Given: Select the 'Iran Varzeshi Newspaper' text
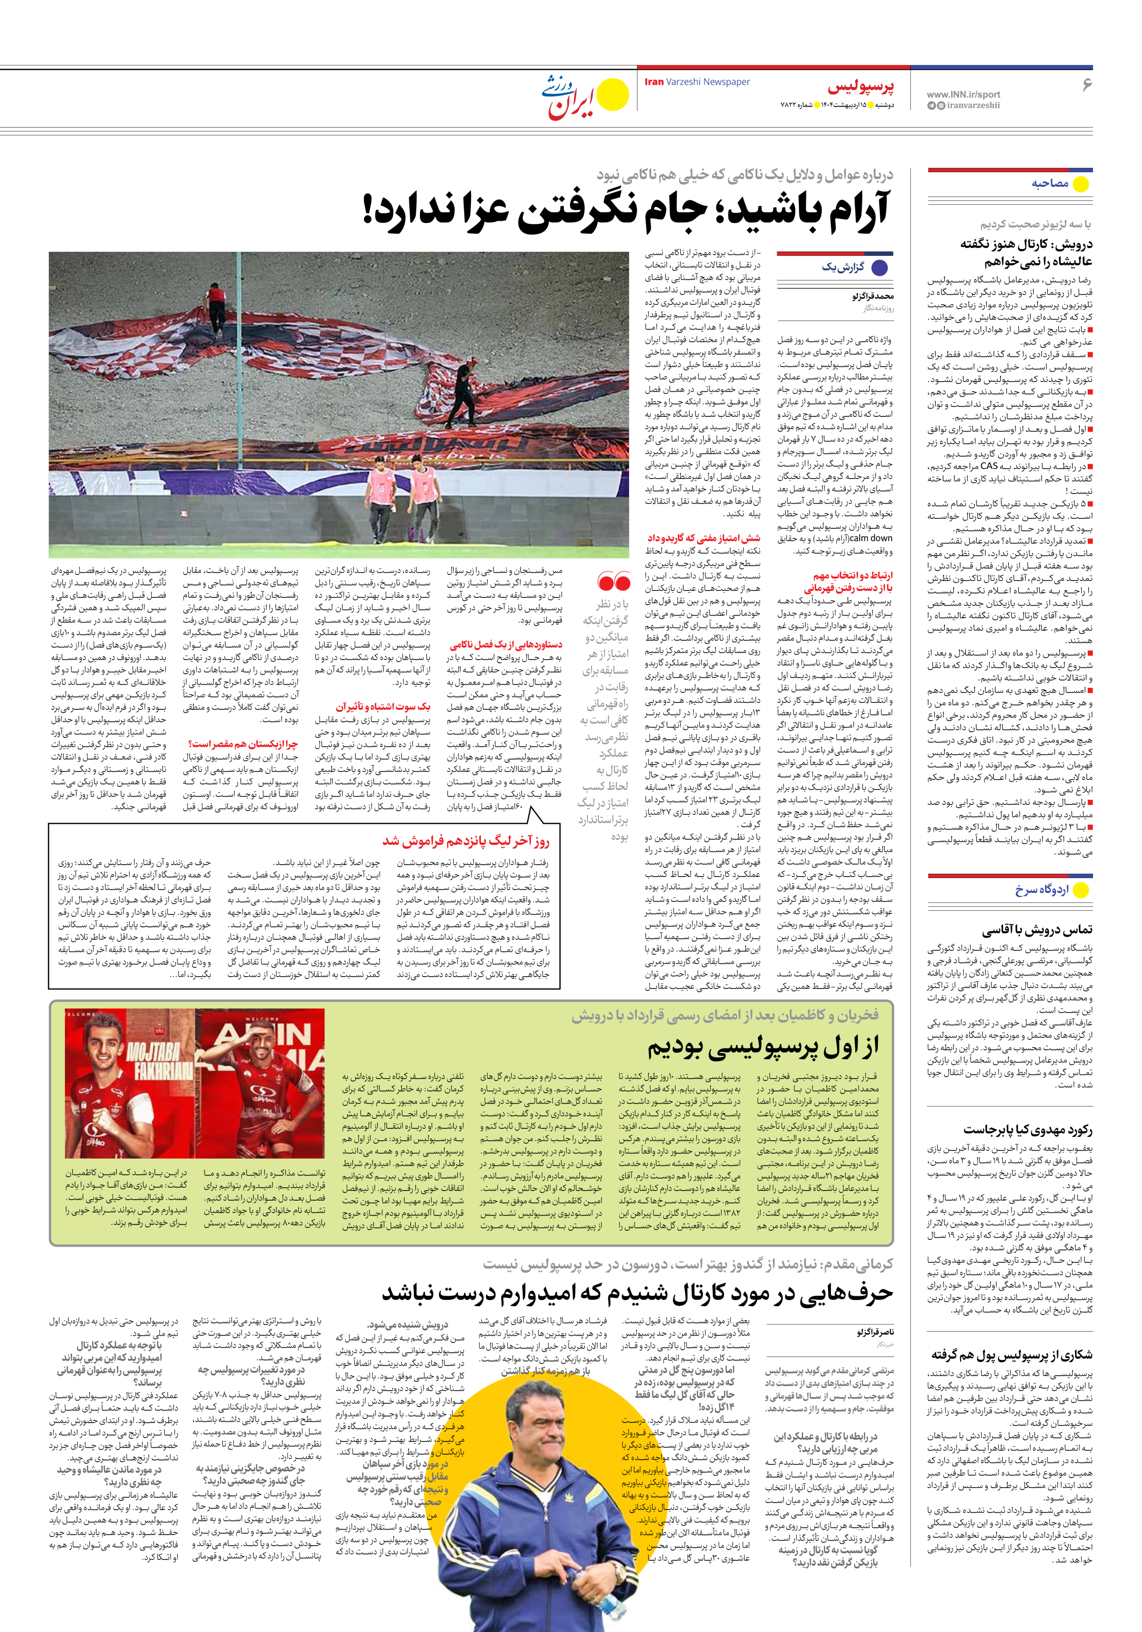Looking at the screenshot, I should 697,82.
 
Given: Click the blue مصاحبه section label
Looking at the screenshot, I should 1050,183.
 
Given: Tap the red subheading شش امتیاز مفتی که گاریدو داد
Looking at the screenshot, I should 703,537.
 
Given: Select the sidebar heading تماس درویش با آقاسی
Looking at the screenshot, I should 1037,929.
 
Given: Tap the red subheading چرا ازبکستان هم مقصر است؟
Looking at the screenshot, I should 242,744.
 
